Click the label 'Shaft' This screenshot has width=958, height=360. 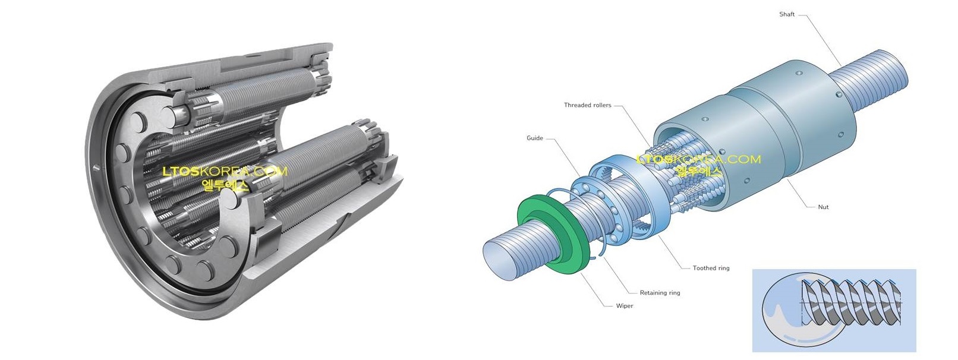pyautogui.click(x=786, y=14)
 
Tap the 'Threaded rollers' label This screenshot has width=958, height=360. pyautogui.click(x=587, y=105)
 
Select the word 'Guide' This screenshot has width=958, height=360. pyautogui.click(x=535, y=138)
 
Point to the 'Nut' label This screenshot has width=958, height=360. pyautogui.click(x=823, y=207)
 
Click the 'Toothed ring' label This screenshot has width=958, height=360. pyautogui.click(x=711, y=268)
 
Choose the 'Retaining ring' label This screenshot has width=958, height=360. pyautogui.click(x=660, y=293)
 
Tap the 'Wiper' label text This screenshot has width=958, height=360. pyautogui.click(x=625, y=306)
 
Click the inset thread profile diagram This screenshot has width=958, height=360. pyautogui.click(x=834, y=311)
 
